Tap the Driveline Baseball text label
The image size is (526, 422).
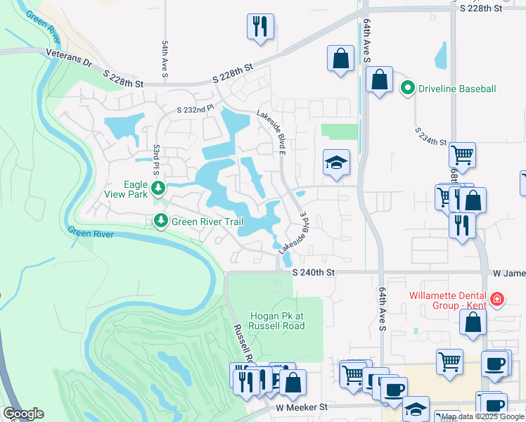click(458, 89)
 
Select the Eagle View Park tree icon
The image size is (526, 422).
click(160, 187)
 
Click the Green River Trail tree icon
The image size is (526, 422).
click(161, 222)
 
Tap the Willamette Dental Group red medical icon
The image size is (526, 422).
click(498, 299)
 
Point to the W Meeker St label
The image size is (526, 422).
click(302, 407)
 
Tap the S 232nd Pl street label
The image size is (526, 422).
click(195, 109)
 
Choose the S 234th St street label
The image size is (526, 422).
click(430, 136)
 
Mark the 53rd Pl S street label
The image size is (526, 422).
click(156, 161)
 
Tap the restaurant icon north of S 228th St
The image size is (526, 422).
click(260, 27)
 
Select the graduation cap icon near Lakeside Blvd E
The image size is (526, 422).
click(336, 162)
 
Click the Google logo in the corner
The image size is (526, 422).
click(23, 414)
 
